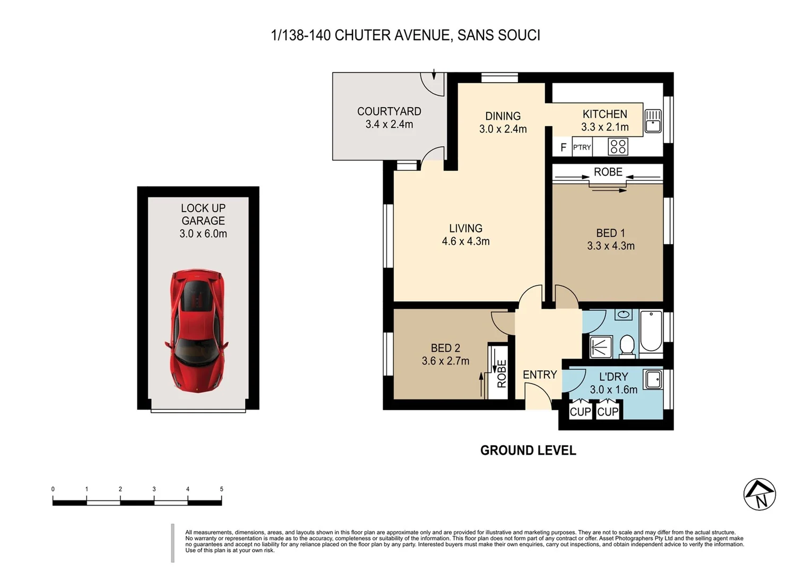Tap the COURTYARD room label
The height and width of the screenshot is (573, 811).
point(389,111)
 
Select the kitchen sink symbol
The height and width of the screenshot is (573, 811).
point(653,120)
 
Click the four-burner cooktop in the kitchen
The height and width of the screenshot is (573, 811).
point(618,146)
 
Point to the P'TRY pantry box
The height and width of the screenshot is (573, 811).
point(582,147)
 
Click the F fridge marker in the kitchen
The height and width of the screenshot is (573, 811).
point(563,147)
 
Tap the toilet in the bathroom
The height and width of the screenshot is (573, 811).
point(627,345)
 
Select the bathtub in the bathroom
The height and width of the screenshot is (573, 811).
point(651,332)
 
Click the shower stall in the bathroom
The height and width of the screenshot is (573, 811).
point(601,347)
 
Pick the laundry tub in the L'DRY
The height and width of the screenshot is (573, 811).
point(653,380)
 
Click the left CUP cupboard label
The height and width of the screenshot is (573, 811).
point(580,412)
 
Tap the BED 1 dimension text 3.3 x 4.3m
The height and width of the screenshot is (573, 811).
point(610,246)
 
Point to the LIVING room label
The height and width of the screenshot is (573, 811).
point(465,228)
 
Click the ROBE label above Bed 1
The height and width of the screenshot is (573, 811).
point(608,172)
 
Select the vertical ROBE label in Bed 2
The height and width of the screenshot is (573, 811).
point(502,374)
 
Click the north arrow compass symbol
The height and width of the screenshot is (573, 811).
point(760,494)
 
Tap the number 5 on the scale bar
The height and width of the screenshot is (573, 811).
point(221,489)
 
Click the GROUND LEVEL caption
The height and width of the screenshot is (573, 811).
point(528,450)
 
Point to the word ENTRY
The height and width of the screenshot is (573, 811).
point(540,375)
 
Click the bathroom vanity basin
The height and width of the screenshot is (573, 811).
point(624,315)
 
